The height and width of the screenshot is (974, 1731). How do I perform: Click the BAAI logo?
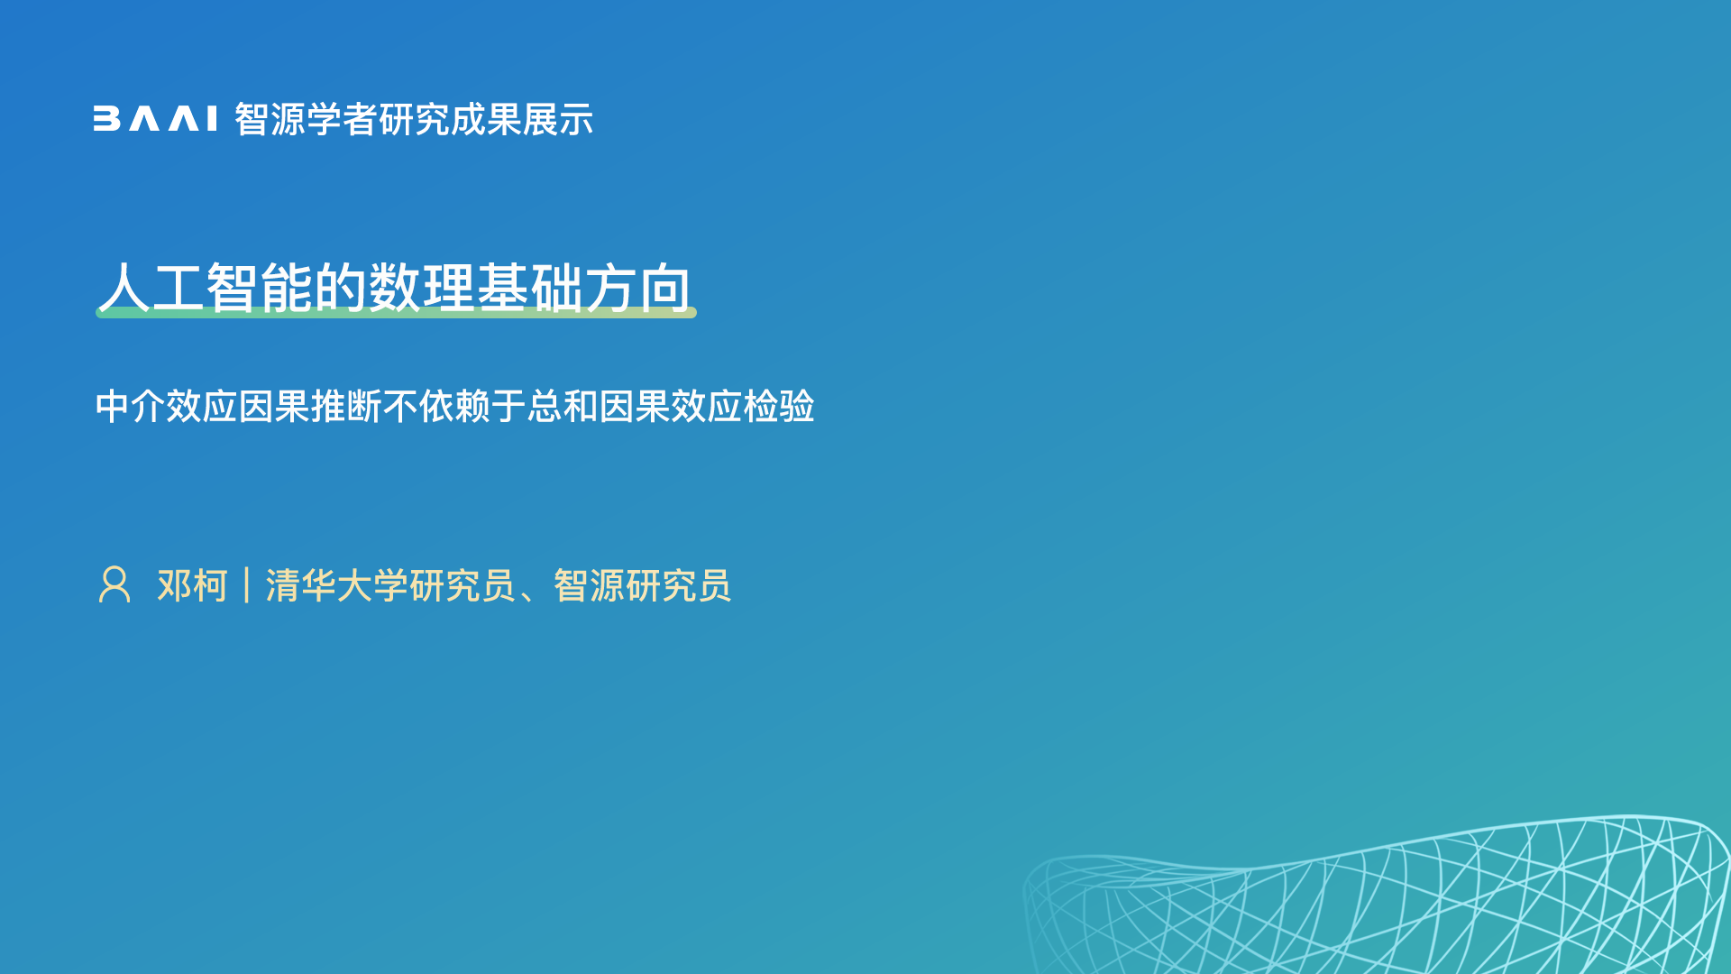(155, 119)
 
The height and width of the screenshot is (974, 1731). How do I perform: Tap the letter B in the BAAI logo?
(106, 119)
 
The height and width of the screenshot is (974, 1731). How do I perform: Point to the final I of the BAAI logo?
(212, 119)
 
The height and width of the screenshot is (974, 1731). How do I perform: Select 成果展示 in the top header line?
(522, 119)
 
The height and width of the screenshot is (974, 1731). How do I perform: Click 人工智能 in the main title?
(206, 288)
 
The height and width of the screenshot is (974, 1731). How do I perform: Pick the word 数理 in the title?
(422, 288)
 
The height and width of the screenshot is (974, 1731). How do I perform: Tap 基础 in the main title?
(530, 288)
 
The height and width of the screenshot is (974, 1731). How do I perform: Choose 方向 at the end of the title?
(638, 288)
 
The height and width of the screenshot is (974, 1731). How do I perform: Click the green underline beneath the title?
(396, 312)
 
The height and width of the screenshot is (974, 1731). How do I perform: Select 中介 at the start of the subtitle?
(131, 406)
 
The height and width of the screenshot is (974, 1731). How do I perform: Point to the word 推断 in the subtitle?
(346, 406)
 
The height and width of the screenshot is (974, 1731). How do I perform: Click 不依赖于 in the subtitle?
(454, 406)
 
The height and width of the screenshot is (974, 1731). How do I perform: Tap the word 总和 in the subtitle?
(563, 406)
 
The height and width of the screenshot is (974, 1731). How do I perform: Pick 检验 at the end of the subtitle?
(779, 406)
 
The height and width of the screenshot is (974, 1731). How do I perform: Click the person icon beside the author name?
(114, 584)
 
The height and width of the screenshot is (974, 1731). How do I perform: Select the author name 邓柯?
(193, 585)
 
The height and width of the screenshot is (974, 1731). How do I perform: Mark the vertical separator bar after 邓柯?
(246, 585)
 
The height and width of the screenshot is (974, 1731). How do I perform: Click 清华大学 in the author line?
(337, 585)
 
